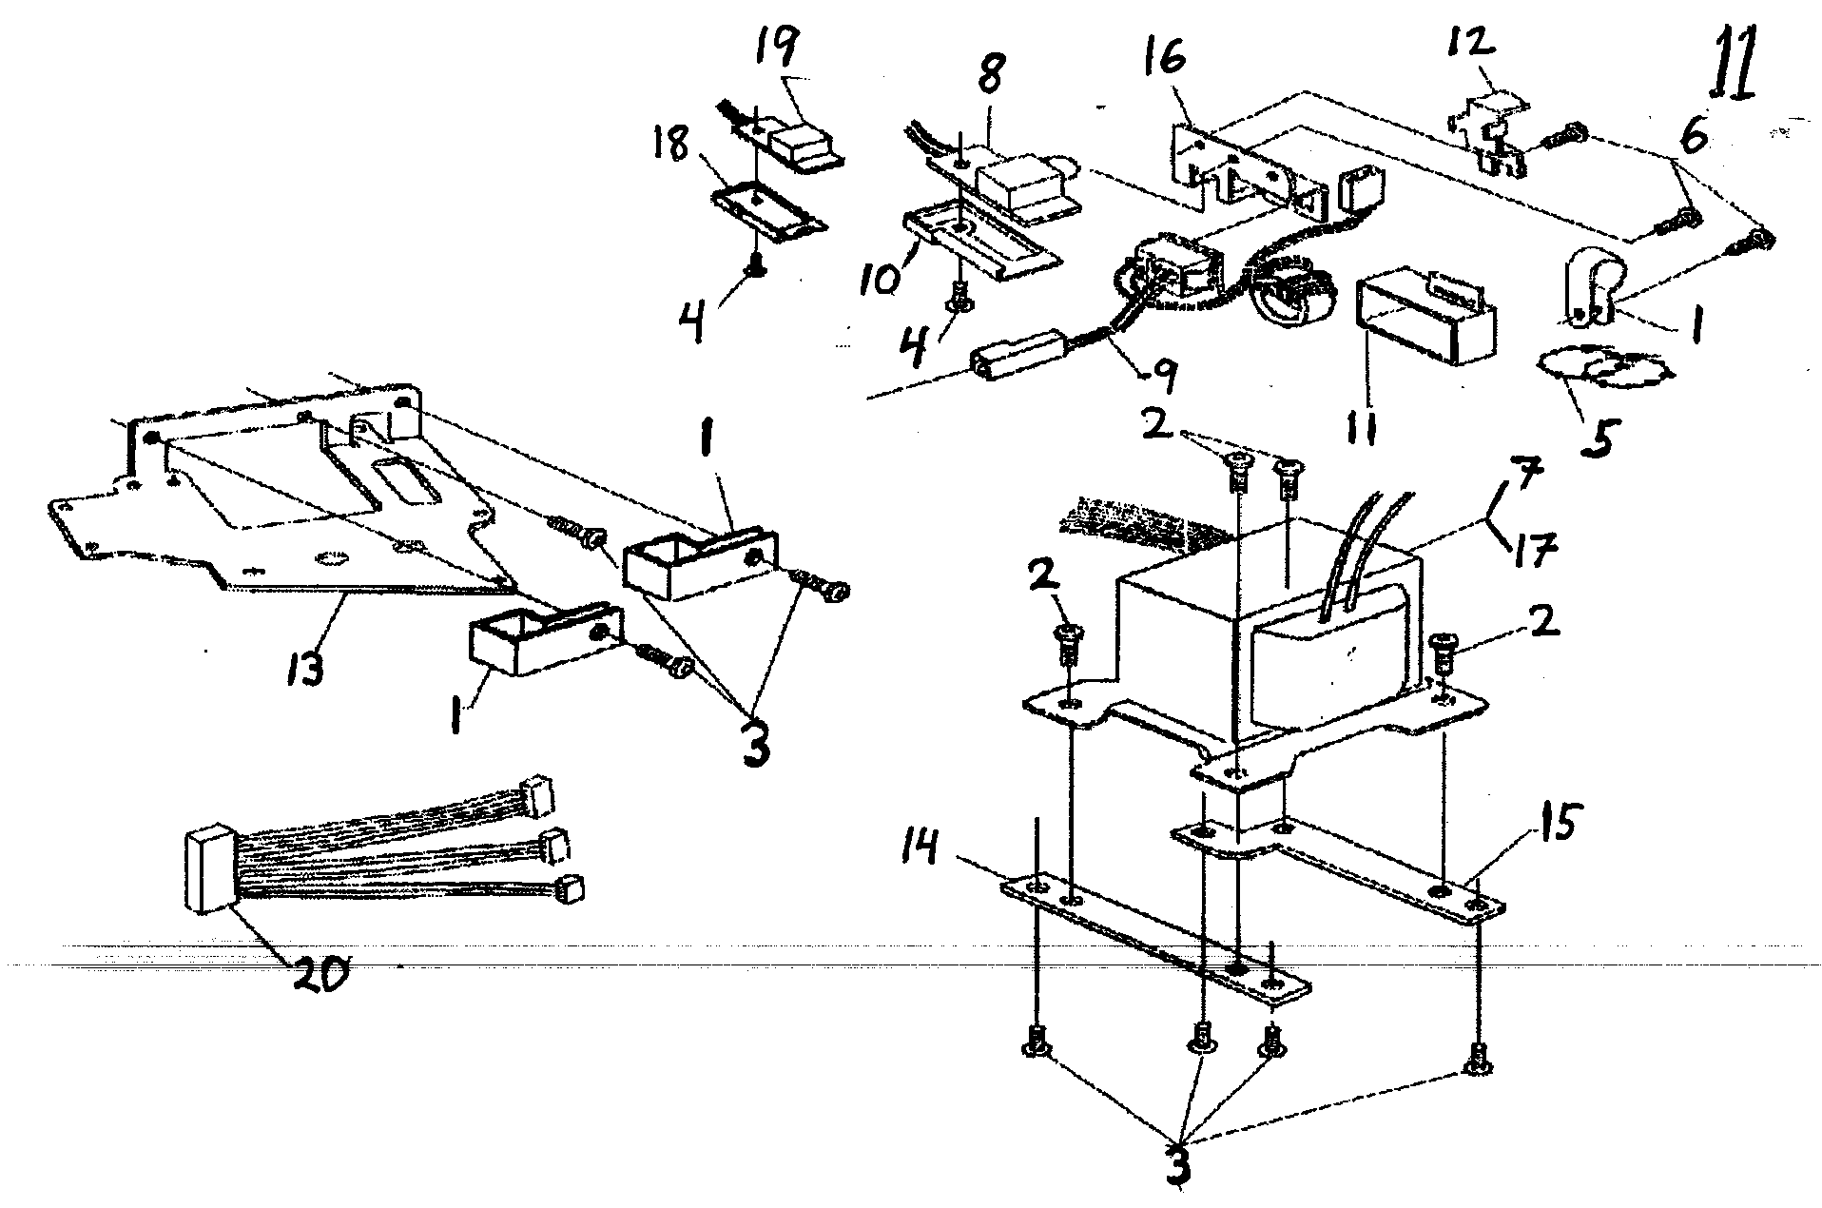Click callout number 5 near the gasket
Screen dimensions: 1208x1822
(1598, 439)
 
